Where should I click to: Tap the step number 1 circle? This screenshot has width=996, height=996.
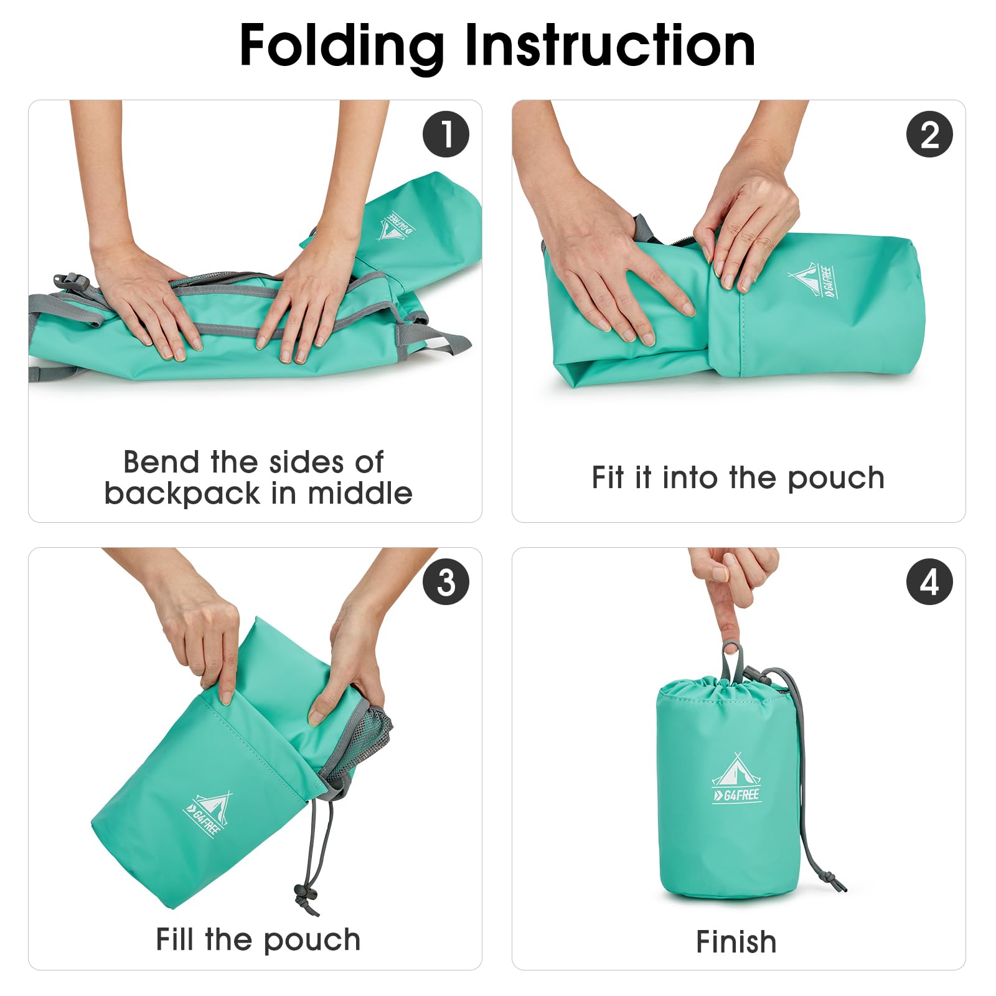pyautogui.click(x=446, y=134)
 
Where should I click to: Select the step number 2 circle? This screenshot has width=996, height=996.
pyautogui.click(x=929, y=134)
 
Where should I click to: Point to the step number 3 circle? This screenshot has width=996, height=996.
pyautogui.click(x=446, y=582)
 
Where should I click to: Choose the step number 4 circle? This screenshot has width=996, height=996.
pyautogui.click(x=929, y=582)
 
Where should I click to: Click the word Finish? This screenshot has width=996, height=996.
pyautogui.click(x=736, y=942)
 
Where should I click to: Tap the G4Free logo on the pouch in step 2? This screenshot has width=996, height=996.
pyautogui.click(x=815, y=280)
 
